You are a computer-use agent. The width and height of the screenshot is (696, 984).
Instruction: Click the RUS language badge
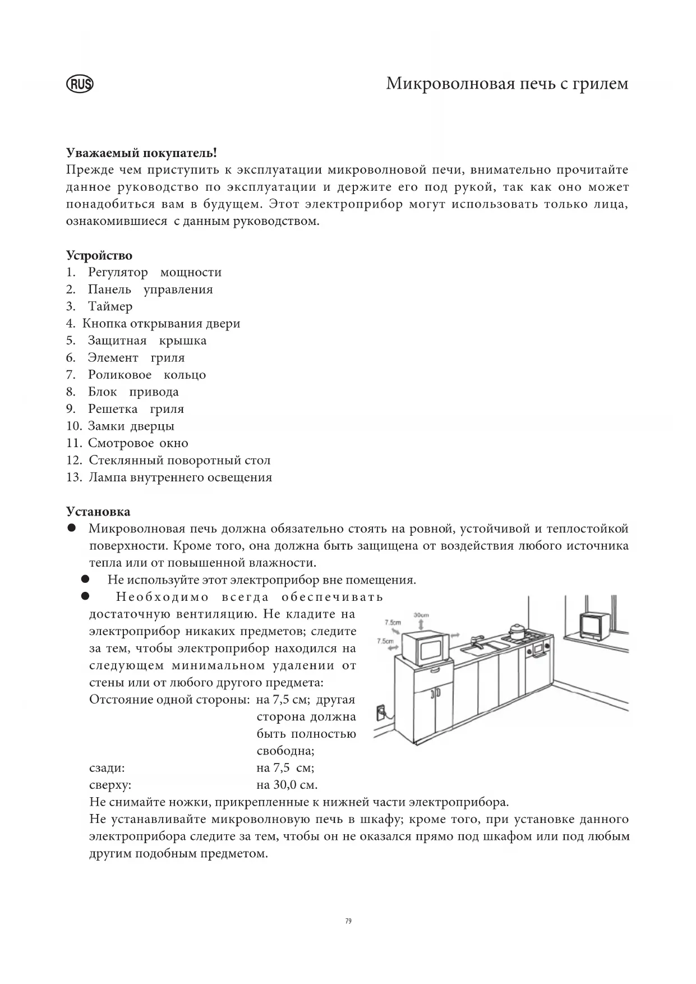tap(80, 85)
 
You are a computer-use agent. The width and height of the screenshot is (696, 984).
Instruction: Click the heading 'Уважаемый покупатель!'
tap(141, 153)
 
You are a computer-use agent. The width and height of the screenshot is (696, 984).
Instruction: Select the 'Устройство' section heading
tap(99, 256)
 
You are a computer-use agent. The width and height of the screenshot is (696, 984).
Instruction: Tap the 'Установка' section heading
tap(98, 512)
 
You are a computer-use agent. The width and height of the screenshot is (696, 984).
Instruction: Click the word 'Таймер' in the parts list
tap(110, 306)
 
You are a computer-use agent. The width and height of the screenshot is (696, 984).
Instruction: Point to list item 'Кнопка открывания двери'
tap(162, 324)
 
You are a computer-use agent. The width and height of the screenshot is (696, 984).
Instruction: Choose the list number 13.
tap(74, 477)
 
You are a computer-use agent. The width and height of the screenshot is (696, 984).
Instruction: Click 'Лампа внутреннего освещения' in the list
tap(180, 477)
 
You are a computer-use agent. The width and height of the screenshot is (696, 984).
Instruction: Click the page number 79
tap(348, 921)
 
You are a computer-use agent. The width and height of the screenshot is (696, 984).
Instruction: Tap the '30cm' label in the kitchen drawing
tap(421, 615)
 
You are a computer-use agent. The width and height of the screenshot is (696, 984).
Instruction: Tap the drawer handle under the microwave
tap(434, 669)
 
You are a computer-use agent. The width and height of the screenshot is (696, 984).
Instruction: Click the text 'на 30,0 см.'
tap(287, 785)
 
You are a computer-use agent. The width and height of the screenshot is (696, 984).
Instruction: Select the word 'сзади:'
tap(107, 768)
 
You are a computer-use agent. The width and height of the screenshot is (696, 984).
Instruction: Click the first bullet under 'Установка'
tap(72, 528)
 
